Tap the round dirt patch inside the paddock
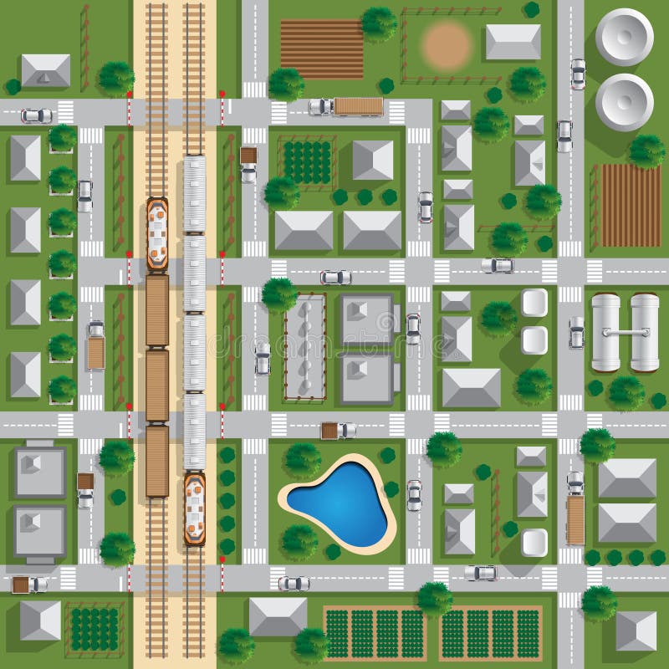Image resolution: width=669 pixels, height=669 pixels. [447, 45]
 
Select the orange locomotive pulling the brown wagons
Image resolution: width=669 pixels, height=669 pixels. [157, 233]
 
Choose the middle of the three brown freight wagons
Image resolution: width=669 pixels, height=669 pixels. [157, 385]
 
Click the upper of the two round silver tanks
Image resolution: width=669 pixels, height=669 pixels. [625, 36]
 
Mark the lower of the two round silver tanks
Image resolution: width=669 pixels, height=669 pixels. [625, 101]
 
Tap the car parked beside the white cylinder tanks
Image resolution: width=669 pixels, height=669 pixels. [576, 332]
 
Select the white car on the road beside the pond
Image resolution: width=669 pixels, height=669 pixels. [414, 495]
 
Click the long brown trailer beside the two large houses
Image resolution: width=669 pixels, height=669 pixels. [575, 519]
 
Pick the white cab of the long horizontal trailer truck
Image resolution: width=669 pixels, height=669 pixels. [320, 107]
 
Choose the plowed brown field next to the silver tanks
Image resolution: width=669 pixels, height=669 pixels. [631, 205]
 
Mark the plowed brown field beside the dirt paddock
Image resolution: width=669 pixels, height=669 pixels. [322, 48]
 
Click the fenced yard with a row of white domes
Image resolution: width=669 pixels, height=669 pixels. [304, 345]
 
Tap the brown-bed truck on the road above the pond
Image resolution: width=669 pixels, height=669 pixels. [339, 431]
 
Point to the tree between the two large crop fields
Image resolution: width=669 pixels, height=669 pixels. [435, 597]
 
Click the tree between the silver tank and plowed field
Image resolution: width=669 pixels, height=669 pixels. [646, 151]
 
